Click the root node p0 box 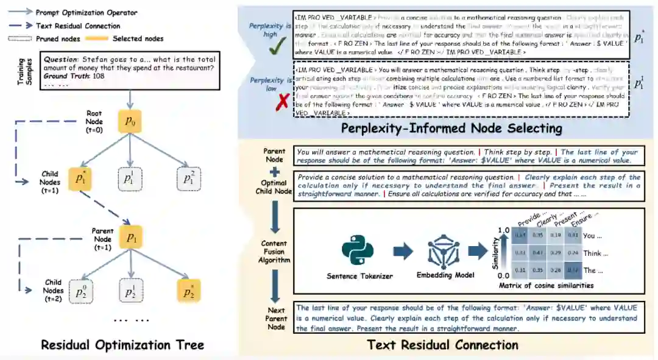click(x=131, y=121)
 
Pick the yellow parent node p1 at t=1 click(x=131, y=238)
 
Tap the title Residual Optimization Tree click(x=122, y=345)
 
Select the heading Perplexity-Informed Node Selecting click(x=451, y=128)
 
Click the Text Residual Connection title click(x=443, y=345)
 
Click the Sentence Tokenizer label click(x=360, y=276)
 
